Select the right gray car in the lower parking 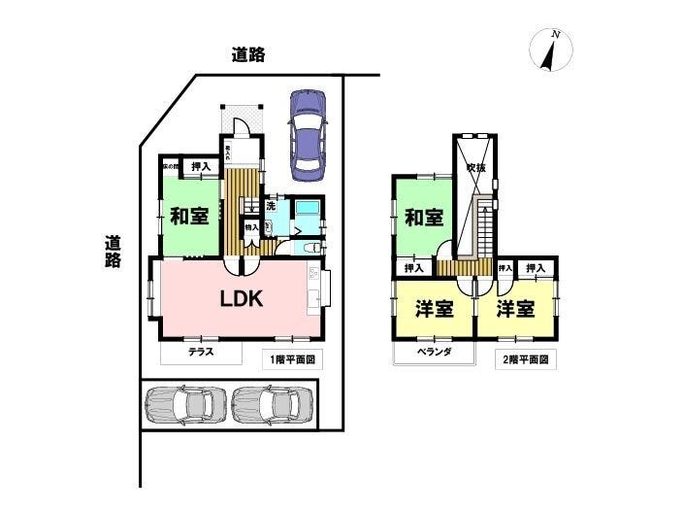pyautogui.click(x=274, y=405)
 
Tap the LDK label pyautogui.click(x=241, y=299)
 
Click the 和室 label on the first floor pyautogui.click(x=189, y=216)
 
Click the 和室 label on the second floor pyautogui.click(x=423, y=217)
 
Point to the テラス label pyautogui.click(x=201, y=353)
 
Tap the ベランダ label pyautogui.click(x=434, y=353)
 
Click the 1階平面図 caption pyautogui.click(x=293, y=359)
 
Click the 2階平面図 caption pyautogui.click(x=526, y=359)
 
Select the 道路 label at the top pyautogui.click(x=249, y=55)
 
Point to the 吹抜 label pyautogui.click(x=474, y=168)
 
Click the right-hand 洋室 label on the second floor pyautogui.click(x=516, y=309)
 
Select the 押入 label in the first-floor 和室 pyautogui.click(x=198, y=167)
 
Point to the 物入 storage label pyautogui.click(x=250, y=227)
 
